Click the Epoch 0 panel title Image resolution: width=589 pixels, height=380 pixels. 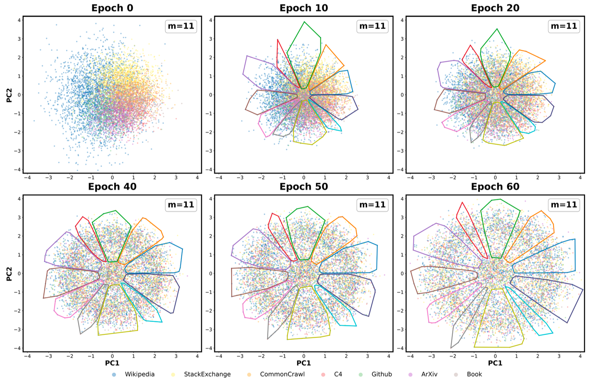point(112,8)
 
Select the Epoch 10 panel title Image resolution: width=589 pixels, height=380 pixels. point(304,8)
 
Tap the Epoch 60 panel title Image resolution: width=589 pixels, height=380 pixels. point(495,187)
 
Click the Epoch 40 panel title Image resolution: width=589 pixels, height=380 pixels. point(112,187)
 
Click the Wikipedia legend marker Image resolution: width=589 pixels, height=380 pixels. point(114,375)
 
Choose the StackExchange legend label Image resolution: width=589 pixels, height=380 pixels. point(207,374)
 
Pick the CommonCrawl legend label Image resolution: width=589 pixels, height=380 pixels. point(282,374)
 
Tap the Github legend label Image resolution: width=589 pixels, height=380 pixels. point(381,374)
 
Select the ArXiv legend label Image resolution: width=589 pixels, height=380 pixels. point(429,374)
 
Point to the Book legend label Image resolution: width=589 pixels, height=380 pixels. point(474,374)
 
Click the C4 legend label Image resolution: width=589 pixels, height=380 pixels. point(338,374)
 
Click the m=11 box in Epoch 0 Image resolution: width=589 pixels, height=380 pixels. point(181,26)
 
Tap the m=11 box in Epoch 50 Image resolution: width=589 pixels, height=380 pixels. point(372,205)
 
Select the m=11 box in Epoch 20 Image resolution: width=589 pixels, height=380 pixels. point(564,26)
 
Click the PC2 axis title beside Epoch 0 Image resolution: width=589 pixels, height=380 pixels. point(9,95)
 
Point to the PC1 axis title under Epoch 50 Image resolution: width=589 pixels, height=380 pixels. point(304,363)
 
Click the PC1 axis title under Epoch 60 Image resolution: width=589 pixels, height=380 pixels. point(495,363)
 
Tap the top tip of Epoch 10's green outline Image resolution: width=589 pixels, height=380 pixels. point(304,22)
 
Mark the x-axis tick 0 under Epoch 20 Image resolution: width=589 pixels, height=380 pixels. point(495,178)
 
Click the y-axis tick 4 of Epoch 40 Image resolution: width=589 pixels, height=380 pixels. point(19,199)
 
